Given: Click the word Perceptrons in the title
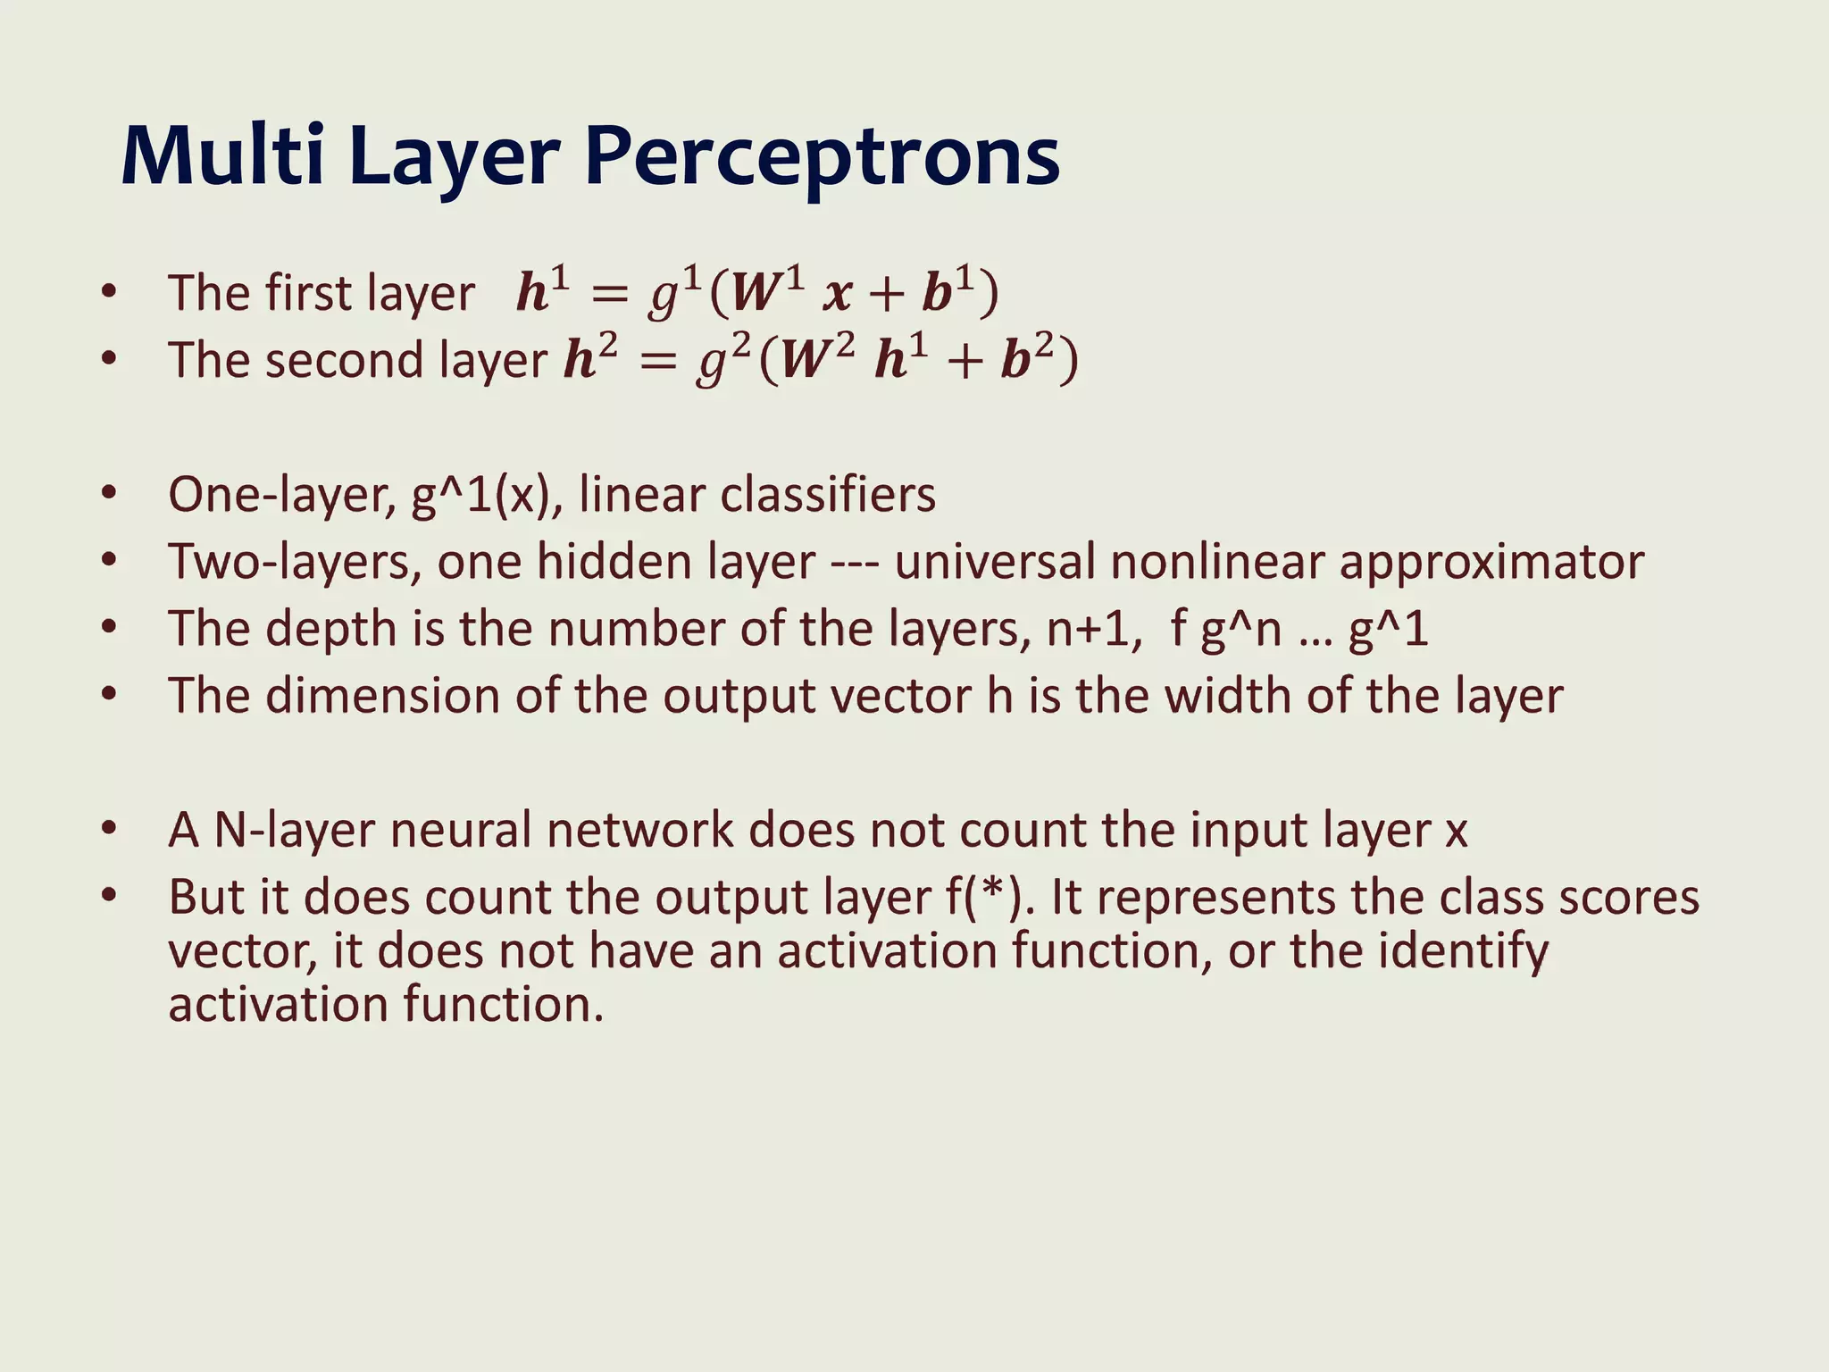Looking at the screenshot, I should (822, 158).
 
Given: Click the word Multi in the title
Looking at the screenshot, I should (221, 156).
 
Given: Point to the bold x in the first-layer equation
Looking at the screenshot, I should (837, 295).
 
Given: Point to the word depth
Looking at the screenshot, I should (330, 629).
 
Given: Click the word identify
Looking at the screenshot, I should (1463, 952).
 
